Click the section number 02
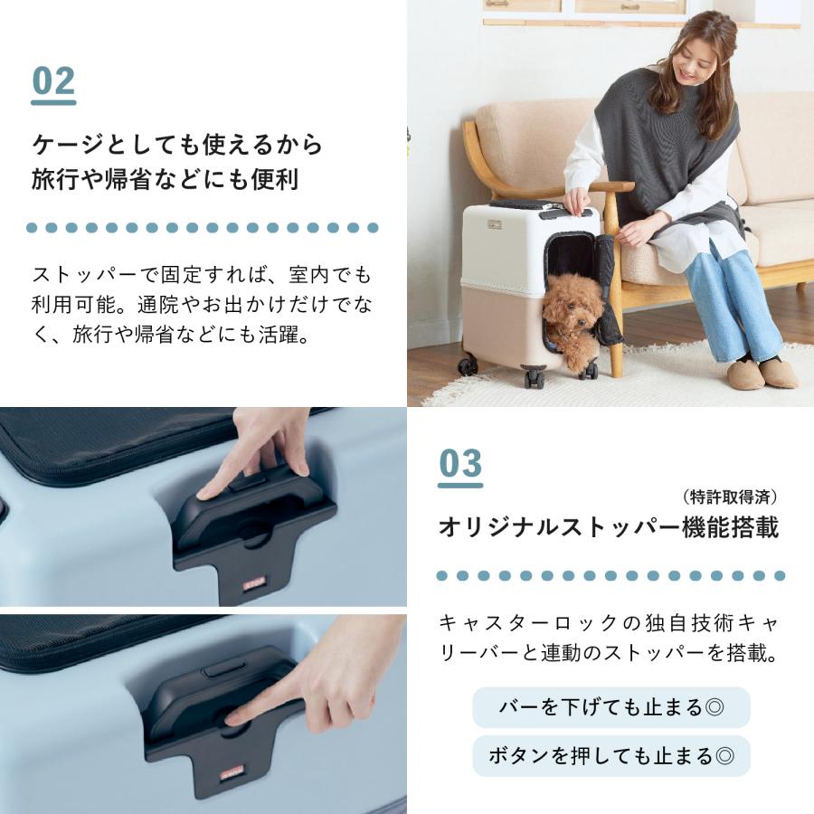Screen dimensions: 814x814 pos(53,81)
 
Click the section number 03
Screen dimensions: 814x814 pos(460,464)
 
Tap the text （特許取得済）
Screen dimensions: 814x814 pos(730,497)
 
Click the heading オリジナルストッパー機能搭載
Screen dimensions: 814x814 pos(608,528)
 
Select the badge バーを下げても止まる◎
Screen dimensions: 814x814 pos(610,707)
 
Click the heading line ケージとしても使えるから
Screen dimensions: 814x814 pos(177,145)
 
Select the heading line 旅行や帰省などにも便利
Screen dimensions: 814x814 pos(165,179)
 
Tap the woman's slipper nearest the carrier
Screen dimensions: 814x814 pos(745,374)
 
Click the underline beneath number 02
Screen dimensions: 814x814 pos(53,102)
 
